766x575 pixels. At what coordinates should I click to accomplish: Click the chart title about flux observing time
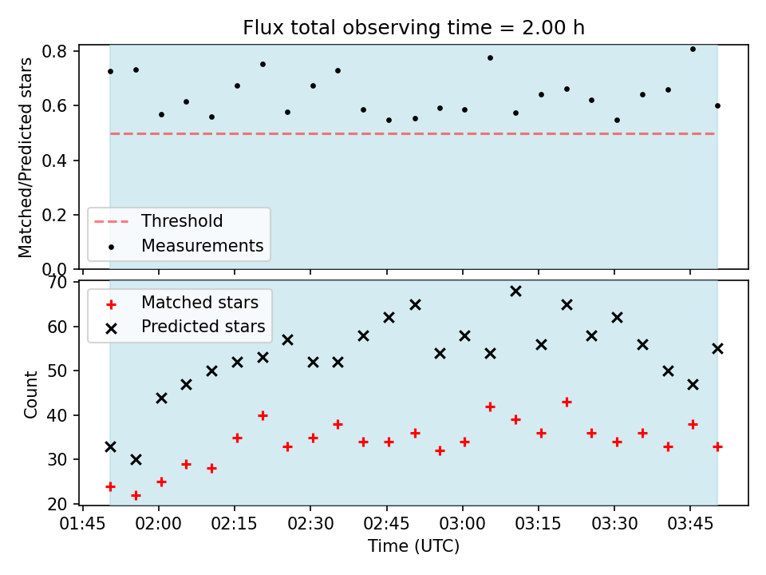pos(414,27)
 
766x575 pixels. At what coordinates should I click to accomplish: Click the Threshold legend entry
pos(158,221)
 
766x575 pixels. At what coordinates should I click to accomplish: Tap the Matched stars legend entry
pos(183,303)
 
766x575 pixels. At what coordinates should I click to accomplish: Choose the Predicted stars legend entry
pos(186,327)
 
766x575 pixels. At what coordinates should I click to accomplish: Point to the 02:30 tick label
pos(310,524)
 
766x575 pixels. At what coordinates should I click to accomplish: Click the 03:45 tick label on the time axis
pos(689,524)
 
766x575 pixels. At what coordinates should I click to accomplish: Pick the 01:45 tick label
pos(82,524)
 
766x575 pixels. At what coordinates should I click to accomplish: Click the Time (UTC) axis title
pos(414,545)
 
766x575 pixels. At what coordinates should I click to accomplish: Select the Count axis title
pos(30,394)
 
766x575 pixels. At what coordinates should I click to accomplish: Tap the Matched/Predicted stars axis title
pos(25,157)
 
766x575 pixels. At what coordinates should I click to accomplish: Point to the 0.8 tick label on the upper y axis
pos(54,51)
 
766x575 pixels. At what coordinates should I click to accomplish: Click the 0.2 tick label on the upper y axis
pos(54,215)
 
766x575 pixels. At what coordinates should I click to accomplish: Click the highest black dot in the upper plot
pos(693,49)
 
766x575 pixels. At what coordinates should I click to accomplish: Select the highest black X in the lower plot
pos(516,291)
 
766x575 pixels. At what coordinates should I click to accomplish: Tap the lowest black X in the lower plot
pos(136,460)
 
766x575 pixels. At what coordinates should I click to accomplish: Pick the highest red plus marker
pos(567,402)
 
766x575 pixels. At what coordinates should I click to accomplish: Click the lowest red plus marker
pos(136,496)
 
